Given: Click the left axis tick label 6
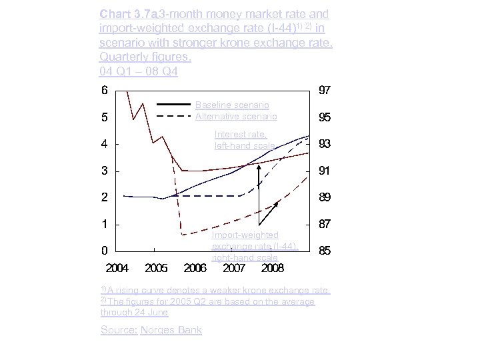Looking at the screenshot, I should [105, 90].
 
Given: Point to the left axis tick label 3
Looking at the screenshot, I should [105, 171].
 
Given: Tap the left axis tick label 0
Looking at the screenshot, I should [105, 251].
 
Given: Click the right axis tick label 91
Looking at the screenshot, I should [324, 171].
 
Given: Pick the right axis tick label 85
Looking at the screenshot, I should [324, 251].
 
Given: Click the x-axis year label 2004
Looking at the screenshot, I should [117, 269].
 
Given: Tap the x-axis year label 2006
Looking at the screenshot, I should [195, 269].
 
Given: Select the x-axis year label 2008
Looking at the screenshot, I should [272, 269].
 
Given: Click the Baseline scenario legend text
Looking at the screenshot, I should [232, 105].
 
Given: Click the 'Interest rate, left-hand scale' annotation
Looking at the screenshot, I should [244, 140].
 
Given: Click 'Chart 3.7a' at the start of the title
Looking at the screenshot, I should [121, 14].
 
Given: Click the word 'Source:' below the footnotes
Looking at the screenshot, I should [118, 330].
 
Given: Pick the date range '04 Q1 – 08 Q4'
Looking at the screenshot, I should [138, 71].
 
